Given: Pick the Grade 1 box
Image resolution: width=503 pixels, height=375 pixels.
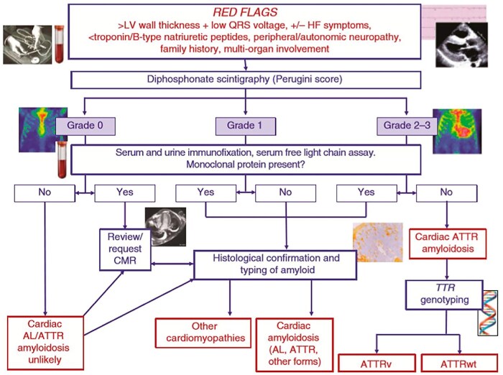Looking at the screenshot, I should [x=246, y=126].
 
